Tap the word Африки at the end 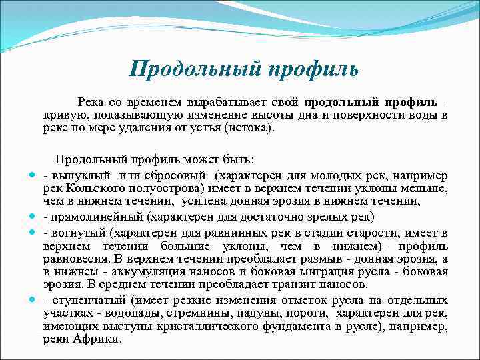click(x=100, y=338)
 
